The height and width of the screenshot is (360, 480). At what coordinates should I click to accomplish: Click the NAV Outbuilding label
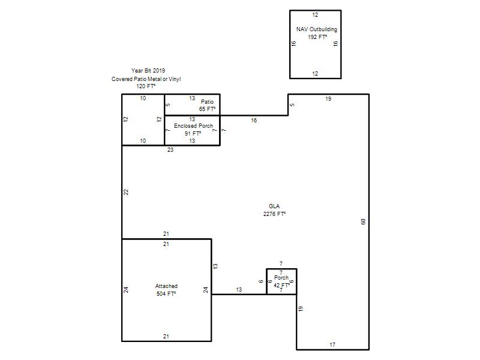317,29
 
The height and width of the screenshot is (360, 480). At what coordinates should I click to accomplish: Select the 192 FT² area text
317,37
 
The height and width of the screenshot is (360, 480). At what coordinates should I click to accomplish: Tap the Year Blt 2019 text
148,71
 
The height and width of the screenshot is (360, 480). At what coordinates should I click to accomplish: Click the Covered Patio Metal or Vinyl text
146,79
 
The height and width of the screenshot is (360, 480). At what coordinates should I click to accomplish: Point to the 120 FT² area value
146,86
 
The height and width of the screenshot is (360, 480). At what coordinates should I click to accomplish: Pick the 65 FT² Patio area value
207,109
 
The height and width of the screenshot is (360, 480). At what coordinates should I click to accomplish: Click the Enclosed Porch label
193,126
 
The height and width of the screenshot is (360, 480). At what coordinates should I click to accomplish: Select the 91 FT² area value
193,133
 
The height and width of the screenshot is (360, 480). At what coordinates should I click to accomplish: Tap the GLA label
274,206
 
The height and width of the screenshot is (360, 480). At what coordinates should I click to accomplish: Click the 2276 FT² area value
274,214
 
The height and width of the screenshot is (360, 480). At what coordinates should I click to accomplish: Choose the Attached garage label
166,286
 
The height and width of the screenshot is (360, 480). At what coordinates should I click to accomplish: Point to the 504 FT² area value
166,294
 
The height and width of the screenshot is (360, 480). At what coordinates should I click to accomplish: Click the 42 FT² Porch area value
281,286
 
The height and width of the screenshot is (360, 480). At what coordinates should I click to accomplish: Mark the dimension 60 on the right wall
364,221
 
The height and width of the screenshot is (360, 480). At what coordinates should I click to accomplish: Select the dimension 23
170,149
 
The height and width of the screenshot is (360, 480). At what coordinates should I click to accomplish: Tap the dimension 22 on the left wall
126,192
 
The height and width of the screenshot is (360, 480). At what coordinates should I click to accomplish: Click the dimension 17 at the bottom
332,344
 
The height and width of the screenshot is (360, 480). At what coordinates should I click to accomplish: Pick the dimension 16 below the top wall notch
254,121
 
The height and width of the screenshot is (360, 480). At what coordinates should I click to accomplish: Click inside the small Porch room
281,281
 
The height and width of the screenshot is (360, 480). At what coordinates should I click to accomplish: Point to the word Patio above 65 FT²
207,101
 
